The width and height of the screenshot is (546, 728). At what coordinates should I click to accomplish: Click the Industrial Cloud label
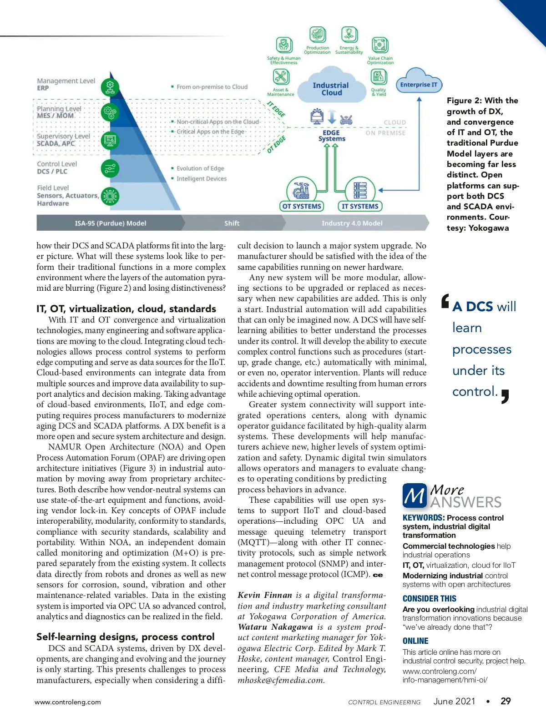[x=331, y=89]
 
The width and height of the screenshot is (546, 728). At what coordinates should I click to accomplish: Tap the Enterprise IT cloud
[x=418, y=84]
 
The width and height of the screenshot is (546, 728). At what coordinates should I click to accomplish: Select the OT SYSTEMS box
[x=302, y=206]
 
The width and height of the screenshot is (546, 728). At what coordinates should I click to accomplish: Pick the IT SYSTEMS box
[x=360, y=206]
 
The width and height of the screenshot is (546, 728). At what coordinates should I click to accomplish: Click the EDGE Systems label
[x=332, y=136]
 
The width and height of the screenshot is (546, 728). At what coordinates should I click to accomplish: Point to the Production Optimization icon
[x=318, y=35]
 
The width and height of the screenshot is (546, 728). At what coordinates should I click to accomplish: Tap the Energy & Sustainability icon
[x=349, y=35]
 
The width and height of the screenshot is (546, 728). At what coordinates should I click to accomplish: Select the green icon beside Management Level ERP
[x=110, y=86]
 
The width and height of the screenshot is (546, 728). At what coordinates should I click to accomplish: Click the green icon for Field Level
[x=110, y=197]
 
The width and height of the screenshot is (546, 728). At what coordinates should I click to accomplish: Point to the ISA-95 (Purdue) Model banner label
[x=111, y=223]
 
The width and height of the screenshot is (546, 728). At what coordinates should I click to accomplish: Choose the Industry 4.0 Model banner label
[x=352, y=223]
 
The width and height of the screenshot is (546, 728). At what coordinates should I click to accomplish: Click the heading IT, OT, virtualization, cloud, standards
[x=126, y=308]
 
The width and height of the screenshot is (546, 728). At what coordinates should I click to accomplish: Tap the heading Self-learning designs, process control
[x=125, y=637]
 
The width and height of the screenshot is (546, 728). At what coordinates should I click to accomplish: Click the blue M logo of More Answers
[x=415, y=495]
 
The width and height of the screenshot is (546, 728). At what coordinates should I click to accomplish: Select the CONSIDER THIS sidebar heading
[x=429, y=599]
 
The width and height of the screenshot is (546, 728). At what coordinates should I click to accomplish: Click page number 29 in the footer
[x=506, y=701]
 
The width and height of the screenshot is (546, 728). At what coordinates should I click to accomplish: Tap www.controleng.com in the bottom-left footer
[x=68, y=702]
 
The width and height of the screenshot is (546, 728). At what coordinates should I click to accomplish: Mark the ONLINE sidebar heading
[x=415, y=641]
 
